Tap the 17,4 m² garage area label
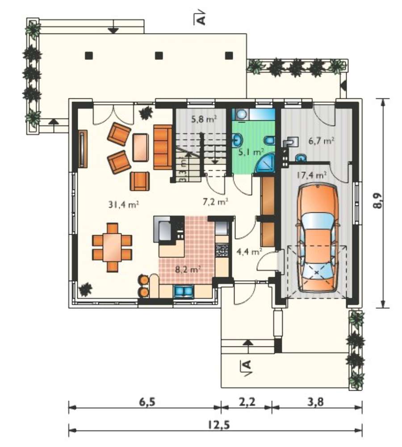coord(311,175)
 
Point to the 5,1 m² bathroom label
coord(251,152)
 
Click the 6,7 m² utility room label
coord(321,140)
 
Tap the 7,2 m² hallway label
coord(215,202)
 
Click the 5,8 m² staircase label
coord(204,119)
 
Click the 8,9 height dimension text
coord(378,201)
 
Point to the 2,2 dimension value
coord(247,402)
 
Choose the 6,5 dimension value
coord(147,402)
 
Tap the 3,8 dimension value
coord(315,402)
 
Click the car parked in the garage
coord(317,238)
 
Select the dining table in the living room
coord(112,247)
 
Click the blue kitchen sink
coord(184,291)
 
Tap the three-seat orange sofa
coord(163,147)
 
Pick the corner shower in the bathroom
coord(265,163)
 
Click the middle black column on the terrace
coord(159,55)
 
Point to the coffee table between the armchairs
coord(140,148)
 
